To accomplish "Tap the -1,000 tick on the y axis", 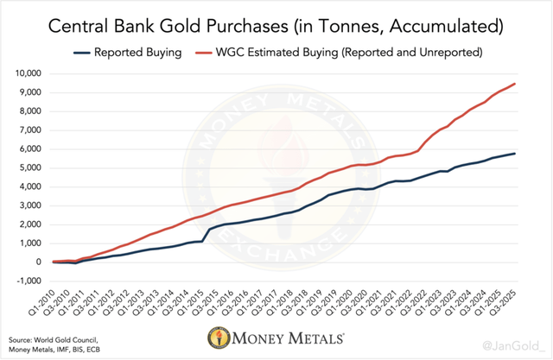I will (x=31, y=281).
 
